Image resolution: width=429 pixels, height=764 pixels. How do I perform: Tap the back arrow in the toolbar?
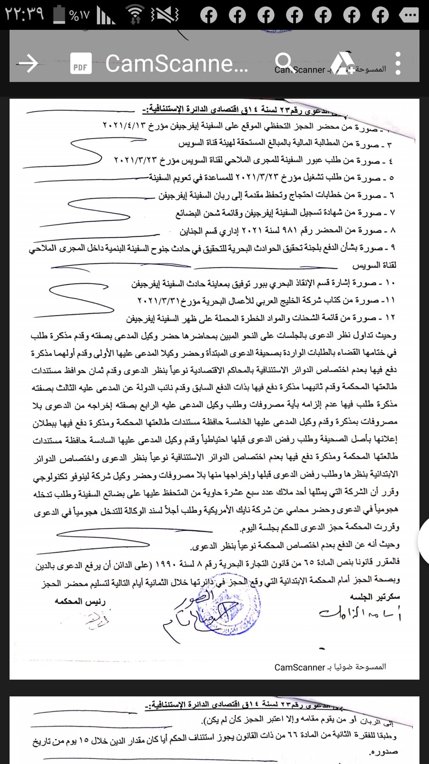pos(28,64)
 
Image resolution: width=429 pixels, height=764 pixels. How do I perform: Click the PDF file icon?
pos(81,64)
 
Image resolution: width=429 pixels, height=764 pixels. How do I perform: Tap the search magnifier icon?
pos(283,62)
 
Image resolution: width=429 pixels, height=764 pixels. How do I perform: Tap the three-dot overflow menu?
pos(398,64)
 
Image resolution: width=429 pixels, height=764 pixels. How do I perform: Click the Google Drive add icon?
pos(343,64)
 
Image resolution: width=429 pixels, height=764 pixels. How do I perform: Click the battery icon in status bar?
pos(59,14)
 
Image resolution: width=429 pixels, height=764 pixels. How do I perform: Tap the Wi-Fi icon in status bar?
pos(135,15)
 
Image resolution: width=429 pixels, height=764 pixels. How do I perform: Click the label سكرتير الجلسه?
pos(375,597)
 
